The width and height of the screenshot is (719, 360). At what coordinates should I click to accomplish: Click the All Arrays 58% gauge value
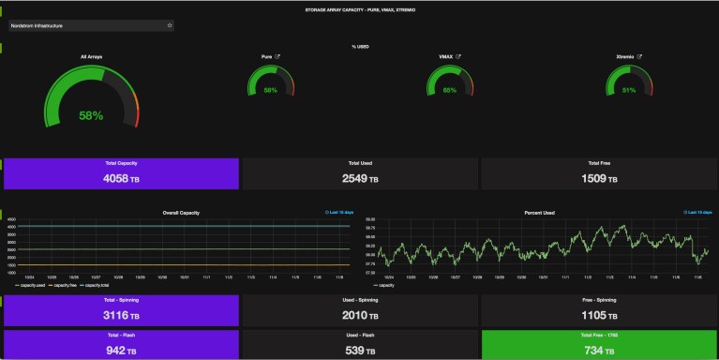point(91,116)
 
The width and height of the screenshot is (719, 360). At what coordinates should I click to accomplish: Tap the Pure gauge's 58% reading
point(270,90)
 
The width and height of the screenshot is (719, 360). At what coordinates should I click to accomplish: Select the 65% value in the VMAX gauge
point(450,90)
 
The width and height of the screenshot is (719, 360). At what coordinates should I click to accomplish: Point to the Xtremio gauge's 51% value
point(629,90)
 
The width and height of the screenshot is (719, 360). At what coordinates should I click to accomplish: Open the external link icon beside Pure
point(277,56)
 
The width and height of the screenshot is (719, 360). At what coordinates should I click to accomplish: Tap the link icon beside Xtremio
point(639,56)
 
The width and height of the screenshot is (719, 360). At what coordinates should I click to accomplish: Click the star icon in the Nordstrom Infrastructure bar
point(170,25)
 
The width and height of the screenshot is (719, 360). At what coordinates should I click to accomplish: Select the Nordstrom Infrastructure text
point(37,25)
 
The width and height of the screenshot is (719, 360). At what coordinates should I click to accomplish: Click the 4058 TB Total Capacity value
point(121,178)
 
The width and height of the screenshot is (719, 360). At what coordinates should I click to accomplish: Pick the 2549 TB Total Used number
point(360,178)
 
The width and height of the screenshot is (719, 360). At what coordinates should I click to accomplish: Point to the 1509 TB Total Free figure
point(599,178)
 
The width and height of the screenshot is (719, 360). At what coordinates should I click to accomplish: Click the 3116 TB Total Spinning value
point(121,314)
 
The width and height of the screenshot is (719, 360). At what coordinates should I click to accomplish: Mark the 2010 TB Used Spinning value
point(360,314)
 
